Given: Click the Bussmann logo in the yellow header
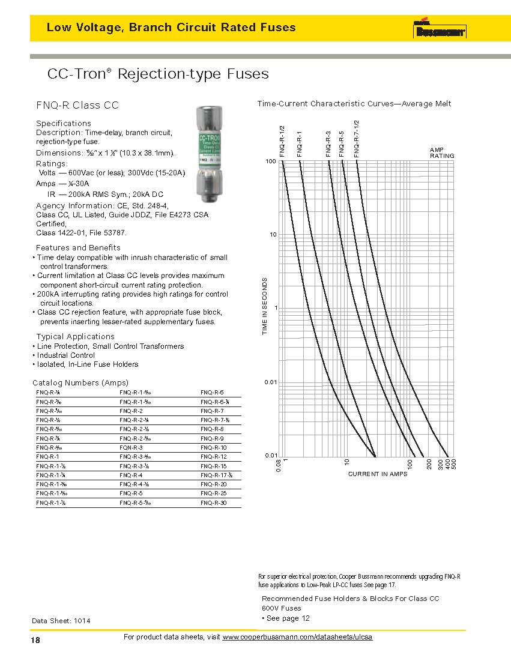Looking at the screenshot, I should click(440, 31).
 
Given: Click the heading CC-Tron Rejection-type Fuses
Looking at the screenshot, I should click(157, 74).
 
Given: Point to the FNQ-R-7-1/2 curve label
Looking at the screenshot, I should click(357, 139).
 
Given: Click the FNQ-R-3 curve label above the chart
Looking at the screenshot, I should click(328, 143).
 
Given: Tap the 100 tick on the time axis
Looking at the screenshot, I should click(270, 162).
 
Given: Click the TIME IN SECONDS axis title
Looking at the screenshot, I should click(265, 306).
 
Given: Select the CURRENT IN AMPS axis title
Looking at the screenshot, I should click(377, 474).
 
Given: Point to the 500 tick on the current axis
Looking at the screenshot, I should click(454, 464).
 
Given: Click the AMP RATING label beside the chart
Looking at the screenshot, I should click(441, 152).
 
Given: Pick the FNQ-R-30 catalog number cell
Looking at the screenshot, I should click(214, 503).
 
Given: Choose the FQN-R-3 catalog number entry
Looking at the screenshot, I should click(131, 448).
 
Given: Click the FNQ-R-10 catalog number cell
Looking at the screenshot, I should click(214, 448).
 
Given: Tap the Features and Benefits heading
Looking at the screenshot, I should click(78, 248).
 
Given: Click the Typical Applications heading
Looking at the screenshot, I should click(75, 337).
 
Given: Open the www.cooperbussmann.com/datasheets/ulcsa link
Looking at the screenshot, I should click(297, 637).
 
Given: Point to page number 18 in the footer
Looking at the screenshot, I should click(35, 641).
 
